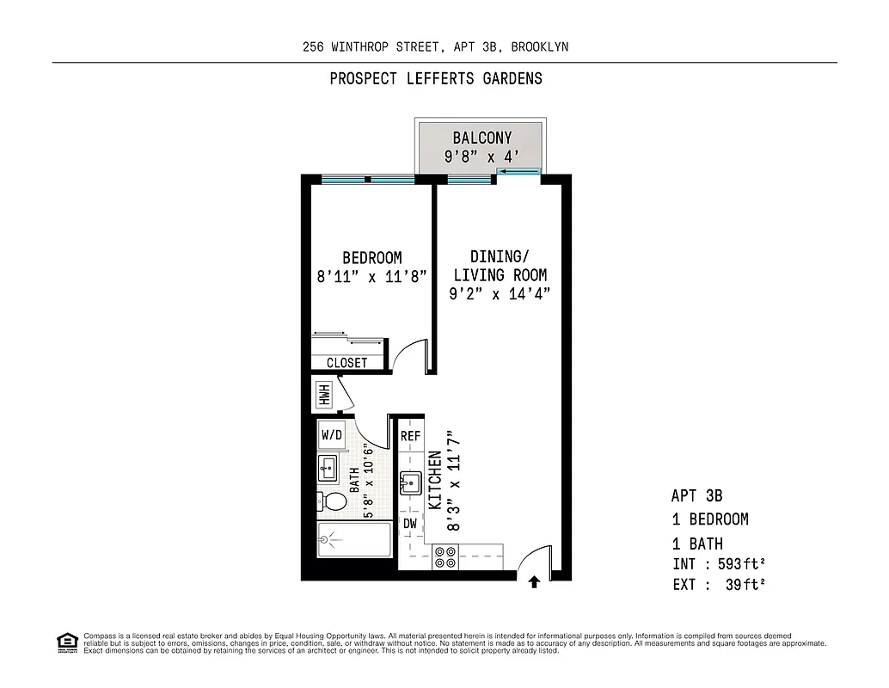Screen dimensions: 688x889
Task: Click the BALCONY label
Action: click(482, 138)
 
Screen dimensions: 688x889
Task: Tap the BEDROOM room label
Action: click(371, 258)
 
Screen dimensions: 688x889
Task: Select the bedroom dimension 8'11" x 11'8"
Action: click(371, 277)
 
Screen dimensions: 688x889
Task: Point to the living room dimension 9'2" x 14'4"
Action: click(500, 293)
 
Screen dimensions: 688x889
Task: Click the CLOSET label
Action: click(346, 363)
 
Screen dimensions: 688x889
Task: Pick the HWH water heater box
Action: click(325, 395)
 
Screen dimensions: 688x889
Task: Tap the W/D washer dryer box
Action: click(332, 435)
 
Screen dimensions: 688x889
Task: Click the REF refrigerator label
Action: click(410, 436)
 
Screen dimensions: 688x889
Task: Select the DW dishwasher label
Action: click(410, 523)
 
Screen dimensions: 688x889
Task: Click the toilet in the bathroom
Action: click(334, 501)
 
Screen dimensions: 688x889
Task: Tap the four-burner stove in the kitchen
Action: click(444, 557)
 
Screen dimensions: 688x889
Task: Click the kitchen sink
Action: click(409, 482)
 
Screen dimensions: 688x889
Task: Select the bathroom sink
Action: click(328, 469)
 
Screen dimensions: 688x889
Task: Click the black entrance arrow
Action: click(533, 582)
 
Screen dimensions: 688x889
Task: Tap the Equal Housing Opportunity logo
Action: click(66, 642)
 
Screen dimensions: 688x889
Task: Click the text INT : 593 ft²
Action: click(719, 565)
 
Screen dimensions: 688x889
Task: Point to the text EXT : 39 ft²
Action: click(719, 585)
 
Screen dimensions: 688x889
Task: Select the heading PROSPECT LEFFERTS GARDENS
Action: click(436, 79)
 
